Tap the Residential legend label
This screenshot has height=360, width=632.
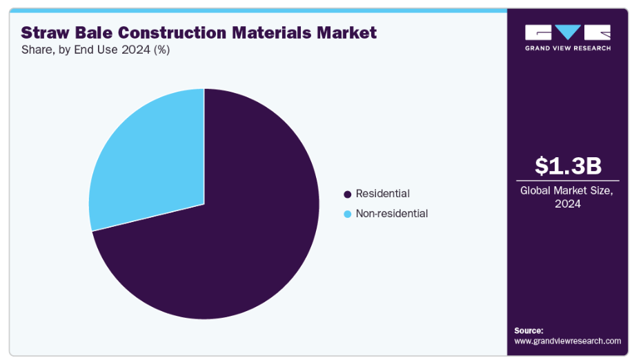[382, 194]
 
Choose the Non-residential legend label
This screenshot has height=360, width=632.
[391, 214]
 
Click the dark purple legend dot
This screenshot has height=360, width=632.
[347, 194]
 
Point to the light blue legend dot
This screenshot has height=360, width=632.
[347, 214]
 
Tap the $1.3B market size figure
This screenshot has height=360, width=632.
[568, 166]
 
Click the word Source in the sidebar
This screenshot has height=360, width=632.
[529, 330]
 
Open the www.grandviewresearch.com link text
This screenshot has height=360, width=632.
[567, 341]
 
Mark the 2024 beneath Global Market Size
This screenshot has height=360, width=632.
[568, 204]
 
